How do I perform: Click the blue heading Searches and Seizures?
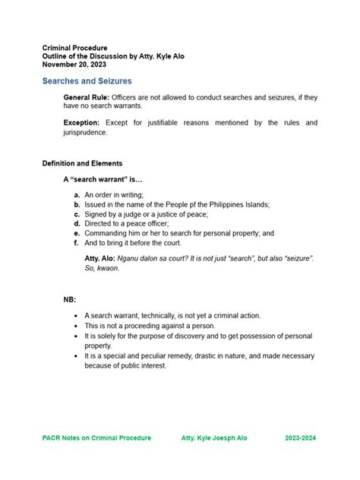87,81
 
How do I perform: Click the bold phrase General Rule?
87,98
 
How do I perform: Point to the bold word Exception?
81,122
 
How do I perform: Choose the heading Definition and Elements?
82,163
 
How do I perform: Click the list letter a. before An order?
77,195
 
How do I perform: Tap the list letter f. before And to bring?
77,243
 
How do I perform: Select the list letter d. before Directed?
77,224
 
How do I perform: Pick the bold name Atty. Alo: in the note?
101,259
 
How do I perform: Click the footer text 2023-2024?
302,437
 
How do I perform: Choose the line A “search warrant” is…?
103,180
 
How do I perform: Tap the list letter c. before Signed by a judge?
77,214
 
